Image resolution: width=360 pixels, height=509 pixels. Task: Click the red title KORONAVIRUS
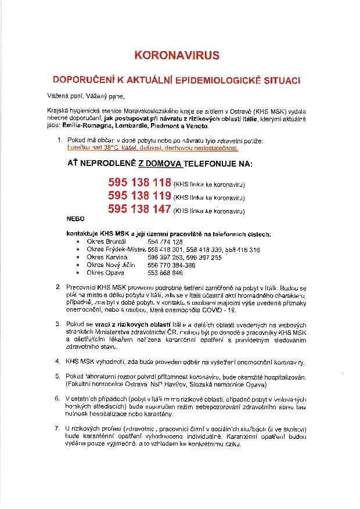pos(177,56)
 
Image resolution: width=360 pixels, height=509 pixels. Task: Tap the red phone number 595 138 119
pos(139,196)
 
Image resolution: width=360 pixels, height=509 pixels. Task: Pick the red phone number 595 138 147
pos(139,209)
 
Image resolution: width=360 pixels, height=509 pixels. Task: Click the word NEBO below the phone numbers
pos(76,221)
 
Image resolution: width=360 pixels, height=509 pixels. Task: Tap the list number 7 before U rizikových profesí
pos(57,428)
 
